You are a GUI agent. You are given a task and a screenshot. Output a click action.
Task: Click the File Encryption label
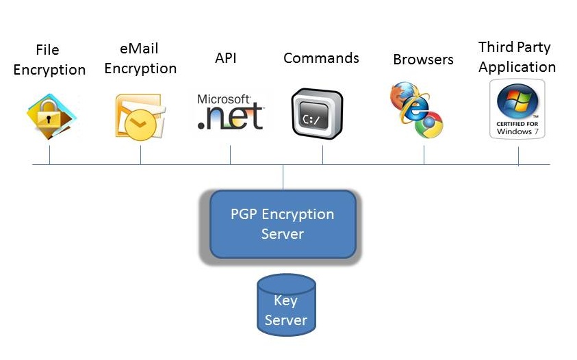tap(49, 60)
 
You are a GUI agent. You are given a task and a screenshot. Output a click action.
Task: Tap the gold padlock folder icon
tap(51, 116)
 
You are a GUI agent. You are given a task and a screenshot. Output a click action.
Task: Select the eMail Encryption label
tap(140, 59)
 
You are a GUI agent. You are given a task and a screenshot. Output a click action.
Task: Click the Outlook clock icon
tap(139, 116)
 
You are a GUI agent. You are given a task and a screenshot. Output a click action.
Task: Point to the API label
tap(225, 58)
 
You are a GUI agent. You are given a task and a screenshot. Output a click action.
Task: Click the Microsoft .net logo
tap(230, 112)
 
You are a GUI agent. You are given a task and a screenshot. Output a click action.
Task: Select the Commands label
tap(321, 58)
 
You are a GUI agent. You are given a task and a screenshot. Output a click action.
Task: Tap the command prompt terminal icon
tap(317, 114)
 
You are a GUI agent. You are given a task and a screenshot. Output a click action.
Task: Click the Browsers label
tap(423, 60)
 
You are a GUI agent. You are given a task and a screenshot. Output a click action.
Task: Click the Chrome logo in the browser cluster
tap(431, 125)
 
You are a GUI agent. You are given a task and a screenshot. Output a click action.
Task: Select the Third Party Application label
tap(517, 57)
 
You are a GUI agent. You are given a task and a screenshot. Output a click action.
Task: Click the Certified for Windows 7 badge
tap(517, 109)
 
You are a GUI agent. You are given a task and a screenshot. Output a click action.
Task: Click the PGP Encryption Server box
tap(282, 224)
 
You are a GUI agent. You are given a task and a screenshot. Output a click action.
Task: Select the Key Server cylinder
tap(286, 306)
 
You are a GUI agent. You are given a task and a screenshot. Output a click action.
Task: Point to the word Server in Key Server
tap(286, 320)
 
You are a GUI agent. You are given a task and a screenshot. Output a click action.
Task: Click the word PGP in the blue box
tap(243, 214)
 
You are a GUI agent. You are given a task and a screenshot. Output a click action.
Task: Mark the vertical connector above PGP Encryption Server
tap(283, 177)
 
